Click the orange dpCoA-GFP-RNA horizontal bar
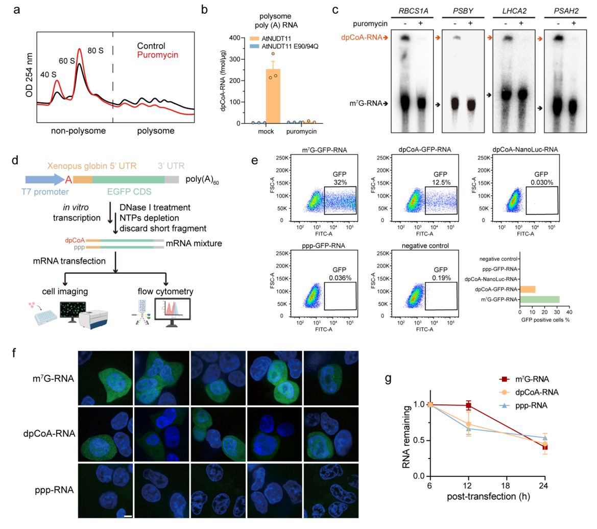pos(528,289)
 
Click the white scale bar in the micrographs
pos(128,517)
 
